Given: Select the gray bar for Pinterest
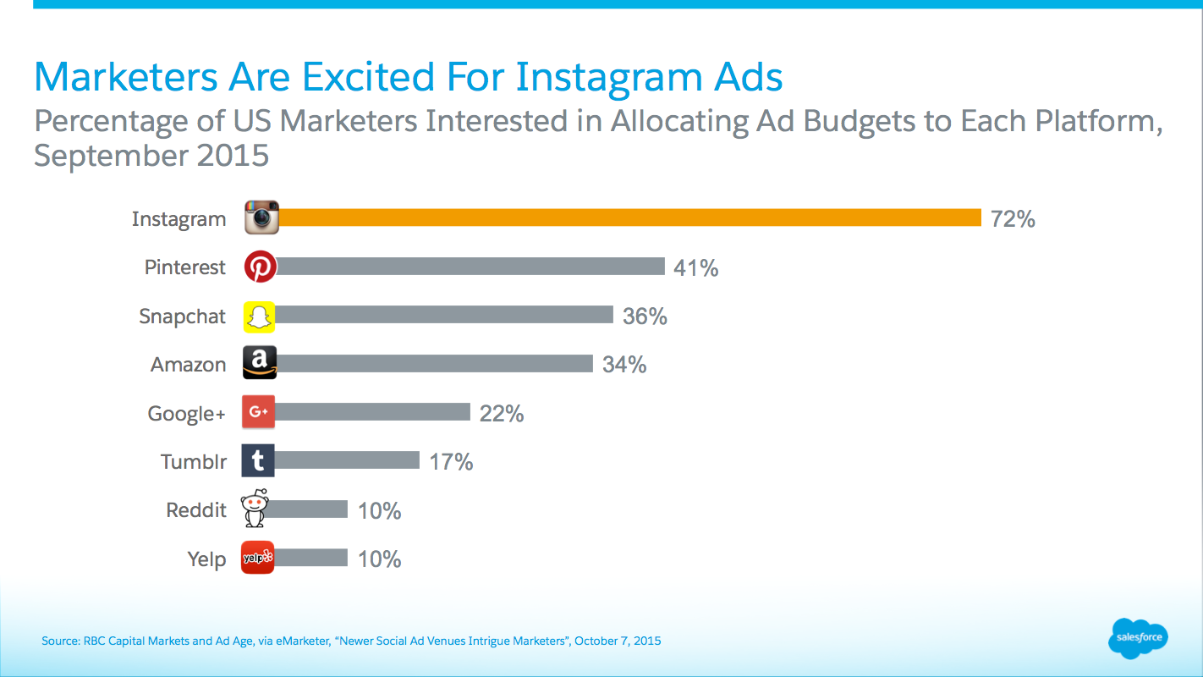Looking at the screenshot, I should click(470, 267).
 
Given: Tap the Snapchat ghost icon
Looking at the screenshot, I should click(260, 316).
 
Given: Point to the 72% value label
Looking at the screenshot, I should click(1013, 219).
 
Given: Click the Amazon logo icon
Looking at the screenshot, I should click(260, 364).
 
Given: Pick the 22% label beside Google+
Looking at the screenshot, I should click(502, 413).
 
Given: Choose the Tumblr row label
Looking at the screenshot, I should click(193, 462).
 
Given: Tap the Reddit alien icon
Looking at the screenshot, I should click(255, 509).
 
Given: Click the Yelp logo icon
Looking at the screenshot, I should click(258, 558).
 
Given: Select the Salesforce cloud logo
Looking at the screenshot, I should click(1137, 637).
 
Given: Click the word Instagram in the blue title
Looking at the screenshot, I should click(607, 77).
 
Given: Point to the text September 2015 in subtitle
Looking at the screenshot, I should click(151, 156).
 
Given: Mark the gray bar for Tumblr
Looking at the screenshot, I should click(347, 460).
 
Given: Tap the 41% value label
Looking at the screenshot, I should click(695, 268).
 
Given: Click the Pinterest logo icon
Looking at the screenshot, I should click(261, 267).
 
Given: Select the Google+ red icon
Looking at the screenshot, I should click(258, 412).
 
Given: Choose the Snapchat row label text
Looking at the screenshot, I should click(183, 316).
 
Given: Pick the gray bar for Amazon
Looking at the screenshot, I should click(434, 364).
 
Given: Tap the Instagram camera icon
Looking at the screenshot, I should click(261, 217).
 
